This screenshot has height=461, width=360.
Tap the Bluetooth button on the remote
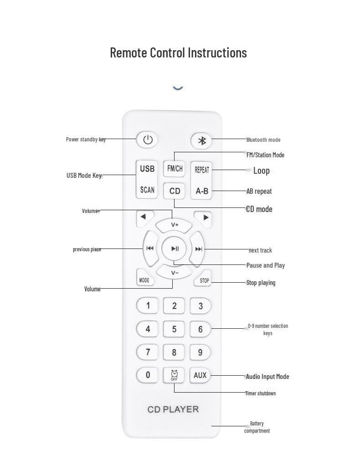click(x=201, y=141)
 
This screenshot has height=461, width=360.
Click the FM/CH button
click(x=175, y=169)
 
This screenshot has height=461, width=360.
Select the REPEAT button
click(x=201, y=170)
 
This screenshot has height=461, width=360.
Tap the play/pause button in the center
click(x=175, y=249)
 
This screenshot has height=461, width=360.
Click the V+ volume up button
click(x=175, y=225)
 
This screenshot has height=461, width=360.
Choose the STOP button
click(x=204, y=280)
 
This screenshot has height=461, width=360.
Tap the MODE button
click(x=144, y=280)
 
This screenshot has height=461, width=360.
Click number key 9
click(x=200, y=352)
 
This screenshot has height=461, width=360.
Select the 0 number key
click(x=147, y=375)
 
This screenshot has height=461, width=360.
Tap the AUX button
click(x=200, y=375)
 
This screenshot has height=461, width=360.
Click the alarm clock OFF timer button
click(x=174, y=375)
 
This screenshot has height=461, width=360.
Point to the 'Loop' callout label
click(x=261, y=171)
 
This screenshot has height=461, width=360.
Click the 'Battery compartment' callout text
click(x=257, y=427)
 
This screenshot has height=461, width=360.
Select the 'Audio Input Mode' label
click(x=267, y=377)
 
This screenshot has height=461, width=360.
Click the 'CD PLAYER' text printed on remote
click(x=173, y=409)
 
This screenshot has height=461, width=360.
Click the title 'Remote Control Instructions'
click(x=179, y=52)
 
